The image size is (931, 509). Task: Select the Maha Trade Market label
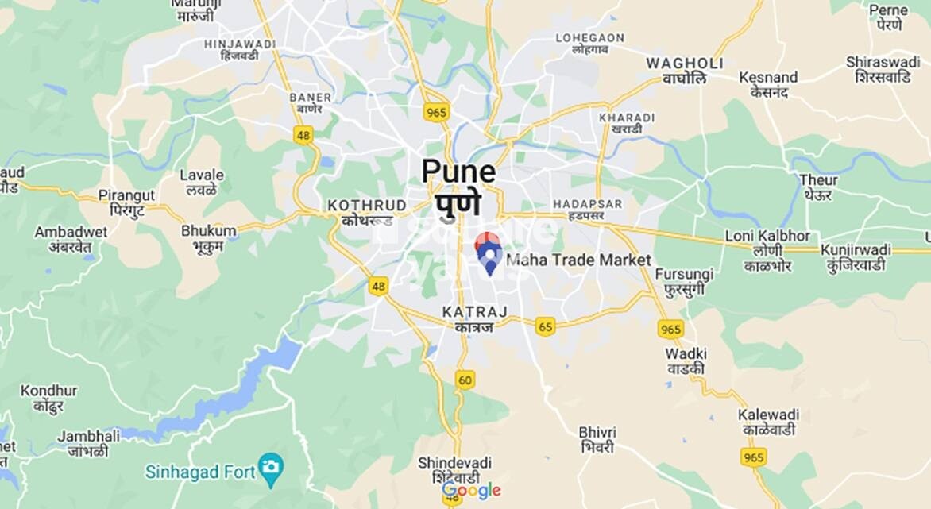[578, 260]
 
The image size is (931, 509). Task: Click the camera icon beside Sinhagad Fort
[271, 465]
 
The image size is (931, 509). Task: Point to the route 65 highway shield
[545, 326]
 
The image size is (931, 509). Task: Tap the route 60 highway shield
[465, 380]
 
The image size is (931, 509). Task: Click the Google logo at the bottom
[472, 490]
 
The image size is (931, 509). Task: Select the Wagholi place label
[684, 64]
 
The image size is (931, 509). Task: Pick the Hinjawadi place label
[231, 45]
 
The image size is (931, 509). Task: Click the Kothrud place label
[367, 206]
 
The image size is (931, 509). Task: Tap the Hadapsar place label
[588, 205]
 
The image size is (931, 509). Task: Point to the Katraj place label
[474, 312]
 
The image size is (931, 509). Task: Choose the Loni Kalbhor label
[767, 237]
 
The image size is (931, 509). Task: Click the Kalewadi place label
[767, 415]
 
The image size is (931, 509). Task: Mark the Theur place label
[817, 180]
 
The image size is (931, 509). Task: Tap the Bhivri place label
[597, 432]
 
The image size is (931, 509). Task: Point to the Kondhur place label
[48, 391]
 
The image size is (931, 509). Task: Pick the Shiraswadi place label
[883, 62]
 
